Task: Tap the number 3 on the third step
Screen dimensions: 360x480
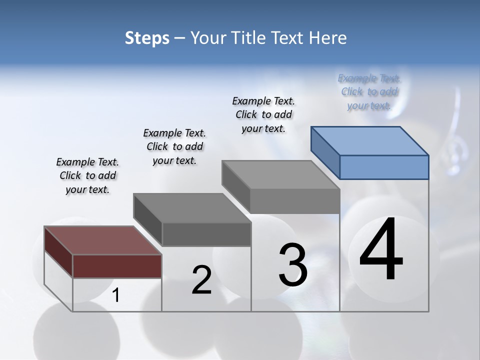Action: click(293, 264)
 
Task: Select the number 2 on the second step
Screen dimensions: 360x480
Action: click(201, 280)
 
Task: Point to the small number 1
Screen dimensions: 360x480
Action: click(116, 295)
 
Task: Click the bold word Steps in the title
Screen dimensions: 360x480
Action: click(147, 38)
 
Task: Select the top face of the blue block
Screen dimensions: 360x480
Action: click(370, 140)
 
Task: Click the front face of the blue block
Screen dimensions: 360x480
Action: click(384, 167)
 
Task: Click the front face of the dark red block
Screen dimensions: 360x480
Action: click(117, 266)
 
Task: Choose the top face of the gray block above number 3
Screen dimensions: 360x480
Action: click(281, 174)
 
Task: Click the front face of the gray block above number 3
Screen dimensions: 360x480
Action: click(295, 201)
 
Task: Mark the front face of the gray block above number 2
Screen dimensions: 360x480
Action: click(206, 234)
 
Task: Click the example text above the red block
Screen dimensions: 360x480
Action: click(87, 175)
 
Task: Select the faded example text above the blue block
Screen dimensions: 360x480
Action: click(369, 91)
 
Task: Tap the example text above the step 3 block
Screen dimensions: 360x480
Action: click(263, 114)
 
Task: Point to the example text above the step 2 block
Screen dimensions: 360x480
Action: click(174, 146)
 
